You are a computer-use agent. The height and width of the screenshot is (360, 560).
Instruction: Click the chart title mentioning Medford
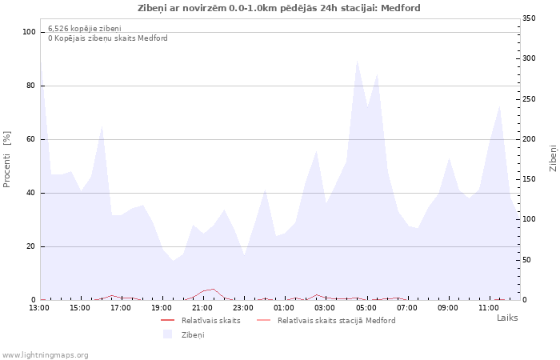(x=279, y=8)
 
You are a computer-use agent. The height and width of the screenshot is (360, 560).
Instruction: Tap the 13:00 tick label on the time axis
(x=39, y=307)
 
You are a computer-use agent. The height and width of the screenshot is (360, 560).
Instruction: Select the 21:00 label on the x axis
(x=202, y=307)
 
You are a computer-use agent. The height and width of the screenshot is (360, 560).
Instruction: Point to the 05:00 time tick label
(x=366, y=307)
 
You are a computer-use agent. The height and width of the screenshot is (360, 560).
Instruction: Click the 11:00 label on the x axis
(x=488, y=307)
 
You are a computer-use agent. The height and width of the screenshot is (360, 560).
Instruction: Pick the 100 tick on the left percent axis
(x=29, y=32)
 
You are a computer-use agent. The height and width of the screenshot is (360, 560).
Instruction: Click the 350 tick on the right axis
(x=529, y=18)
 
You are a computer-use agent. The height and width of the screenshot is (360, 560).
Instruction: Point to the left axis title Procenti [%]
(x=7, y=159)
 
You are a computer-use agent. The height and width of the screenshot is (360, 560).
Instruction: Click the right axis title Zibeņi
(x=553, y=158)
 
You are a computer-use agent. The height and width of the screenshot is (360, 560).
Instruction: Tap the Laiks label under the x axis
(x=507, y=318)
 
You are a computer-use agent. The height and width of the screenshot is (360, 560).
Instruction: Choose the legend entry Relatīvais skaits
(x=210, y=321)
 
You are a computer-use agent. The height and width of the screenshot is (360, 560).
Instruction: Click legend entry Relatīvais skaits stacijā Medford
(x=336, y=321)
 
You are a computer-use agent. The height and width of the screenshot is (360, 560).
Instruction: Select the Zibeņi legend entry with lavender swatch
(x=193, y=334)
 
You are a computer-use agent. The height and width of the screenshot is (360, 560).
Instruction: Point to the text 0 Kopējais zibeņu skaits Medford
(x=108, y=38)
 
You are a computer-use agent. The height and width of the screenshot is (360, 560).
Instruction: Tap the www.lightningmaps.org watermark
(x=46, y=354)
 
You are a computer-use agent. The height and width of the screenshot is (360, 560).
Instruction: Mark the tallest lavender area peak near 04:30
(x=357, y=60)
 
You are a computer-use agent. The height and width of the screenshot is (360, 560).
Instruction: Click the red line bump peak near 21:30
(x=213, y=289)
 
